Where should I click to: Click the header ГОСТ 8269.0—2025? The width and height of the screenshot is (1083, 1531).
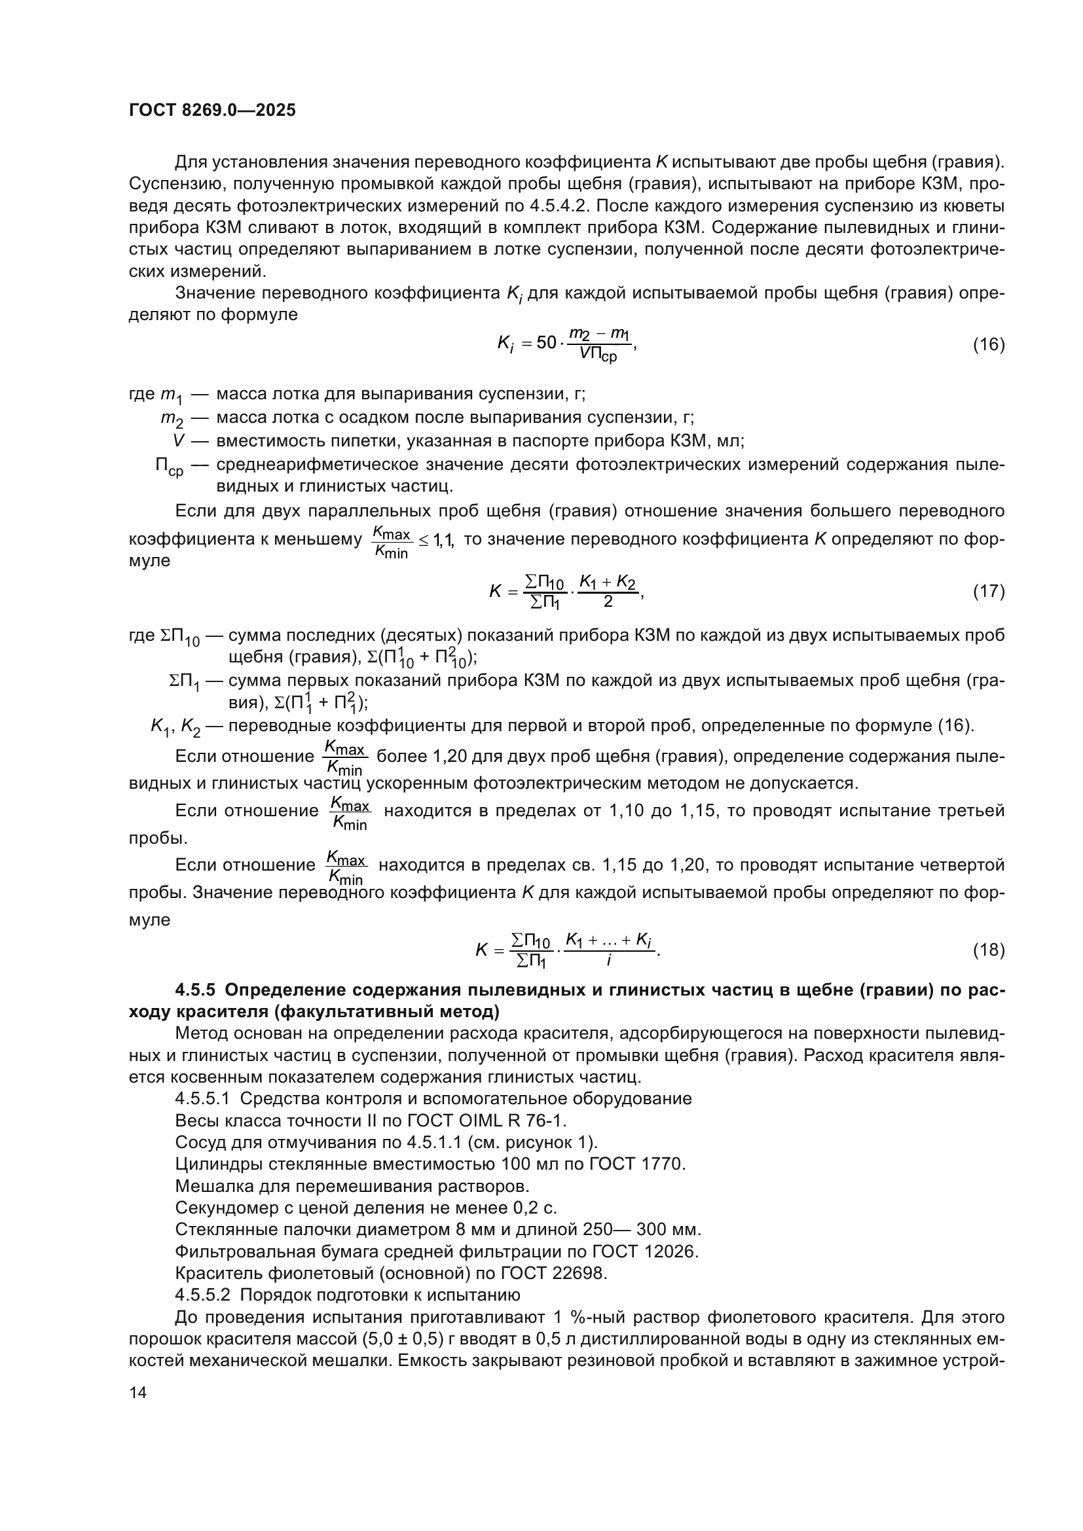click(x=212, y=110)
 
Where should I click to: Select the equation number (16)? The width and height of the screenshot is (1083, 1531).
click(x=987, y=345)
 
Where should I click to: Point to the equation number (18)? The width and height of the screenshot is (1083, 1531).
click(x=987, y=950)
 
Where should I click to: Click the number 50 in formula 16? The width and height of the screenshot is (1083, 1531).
click(x=546, y=343)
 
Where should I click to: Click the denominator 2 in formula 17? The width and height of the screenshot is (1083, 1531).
click(x=608, y=602)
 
